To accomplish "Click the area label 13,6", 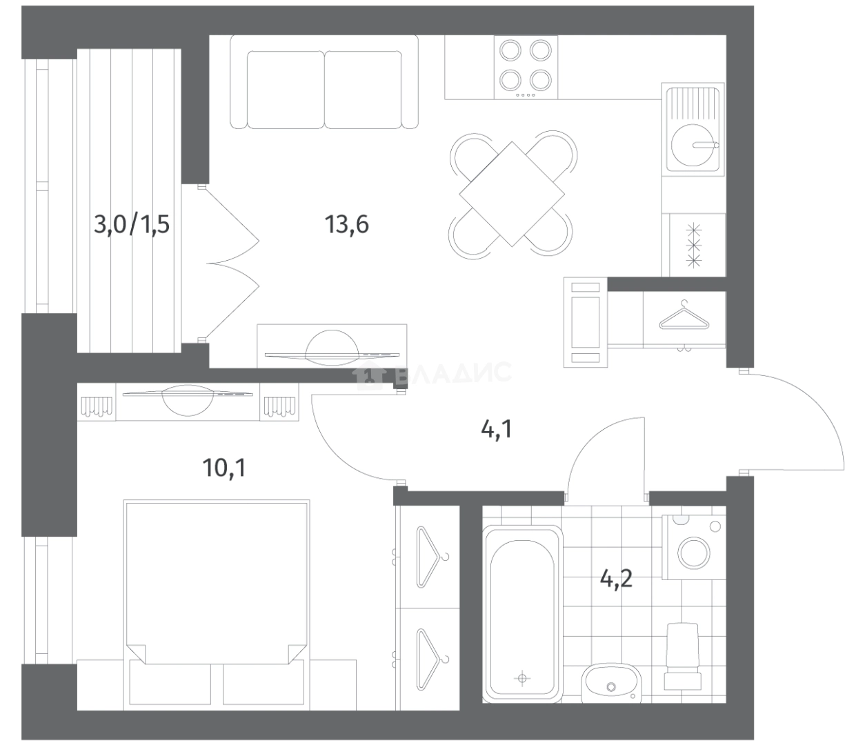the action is pyautogui.click(x=346, y=224).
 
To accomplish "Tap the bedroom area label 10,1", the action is pyautogui.click(x=224, y=468).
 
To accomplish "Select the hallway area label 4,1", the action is pyautogui.click(x=497, y=430).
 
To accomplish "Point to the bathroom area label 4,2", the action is pyautogui.click(x=616, y=579).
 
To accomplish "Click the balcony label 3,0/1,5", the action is pyautogui.click(x=132, y=224).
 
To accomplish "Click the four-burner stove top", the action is pyautogui.click(x=526, y=68).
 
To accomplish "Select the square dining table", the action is pyautogui.click(x=511, y=195).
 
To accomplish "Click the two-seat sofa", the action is pyautogui.click(x=324, y=82).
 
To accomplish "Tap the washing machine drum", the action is pyautogui.click(x=694, y=552).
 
